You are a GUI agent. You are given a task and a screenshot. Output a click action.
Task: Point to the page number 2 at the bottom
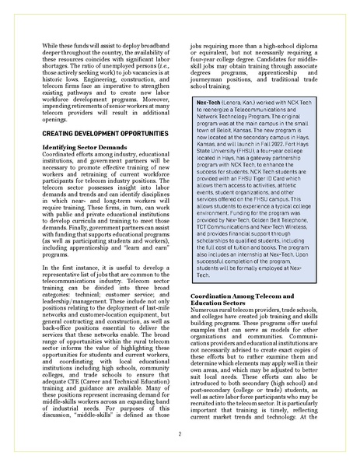pyautogui.click(x=180, y=434)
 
